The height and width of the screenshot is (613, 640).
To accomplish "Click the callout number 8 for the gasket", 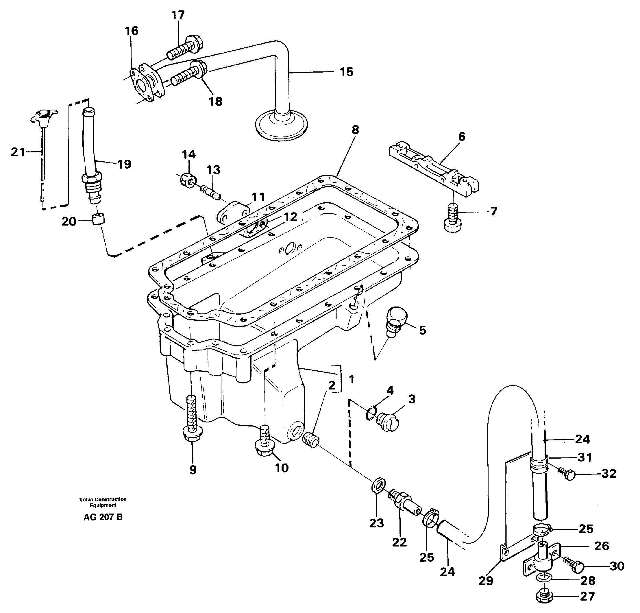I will click(x=355, y=130).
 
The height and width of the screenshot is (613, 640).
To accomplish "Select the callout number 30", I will click(x=617, y=566).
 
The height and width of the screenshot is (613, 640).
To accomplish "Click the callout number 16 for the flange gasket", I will click(x=131, y=31).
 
